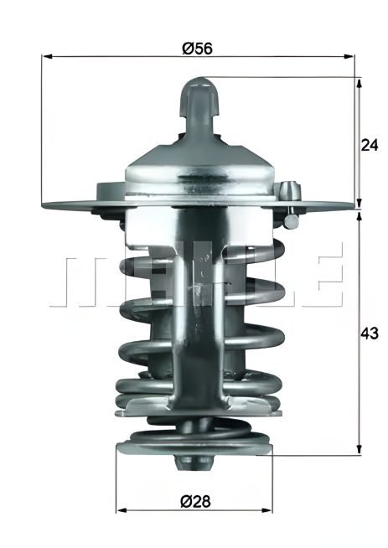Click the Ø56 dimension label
tap(198, 49)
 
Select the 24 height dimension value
tap(370, 144)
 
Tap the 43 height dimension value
tap(370, 332)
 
